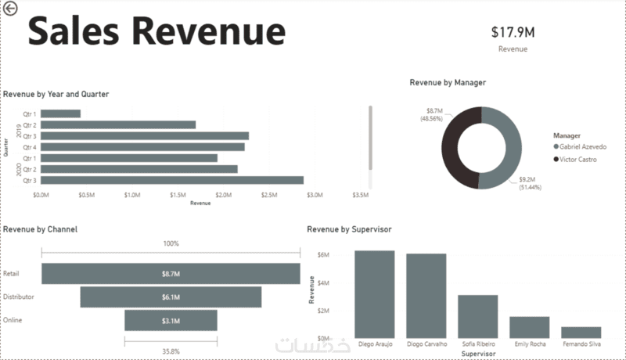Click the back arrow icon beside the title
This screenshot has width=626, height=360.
tap(9, 9)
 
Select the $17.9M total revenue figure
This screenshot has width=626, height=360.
tap(513, 32)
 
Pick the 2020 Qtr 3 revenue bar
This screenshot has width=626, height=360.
tap(172, 180)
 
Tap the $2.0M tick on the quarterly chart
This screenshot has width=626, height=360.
tap(224, 194)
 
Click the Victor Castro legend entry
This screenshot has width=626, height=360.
tap(578, 159)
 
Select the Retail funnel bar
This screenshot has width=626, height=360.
tap(171, 274)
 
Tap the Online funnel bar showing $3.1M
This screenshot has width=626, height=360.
tap(171, 321)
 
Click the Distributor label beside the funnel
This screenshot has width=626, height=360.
tap(20, 297)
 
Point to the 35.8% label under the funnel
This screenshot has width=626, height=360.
tap(171, 351)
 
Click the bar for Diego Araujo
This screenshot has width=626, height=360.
tap(374, 293)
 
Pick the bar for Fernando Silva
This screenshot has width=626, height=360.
tap(581, 332)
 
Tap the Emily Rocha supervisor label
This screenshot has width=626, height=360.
tap(530, 344)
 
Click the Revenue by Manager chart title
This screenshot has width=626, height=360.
tap(448, 82)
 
